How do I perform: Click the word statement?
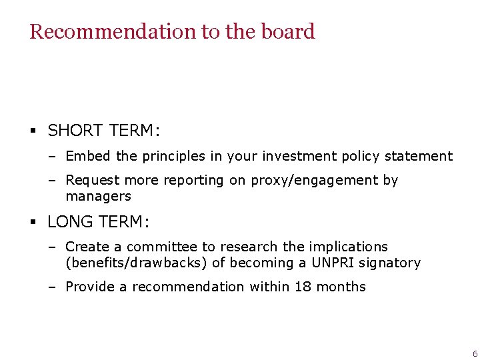click(x=419, y=156)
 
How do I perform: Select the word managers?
click(x=98, y=196)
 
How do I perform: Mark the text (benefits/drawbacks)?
click(x=136, y=263)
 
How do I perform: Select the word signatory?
click(x=390, y=263)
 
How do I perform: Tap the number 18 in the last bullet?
click(x=302, y=287)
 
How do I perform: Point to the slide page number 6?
click(x=474, y=353)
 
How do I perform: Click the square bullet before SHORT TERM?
click(x=33, y=131)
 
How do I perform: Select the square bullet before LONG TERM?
click(x=33, y=222)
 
